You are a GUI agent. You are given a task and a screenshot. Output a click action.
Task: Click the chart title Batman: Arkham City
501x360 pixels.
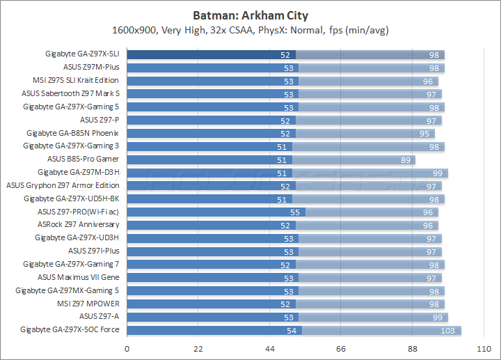pyautogui.click(x=250, y=15)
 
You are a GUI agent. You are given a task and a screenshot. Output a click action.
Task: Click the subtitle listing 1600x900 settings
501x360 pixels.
pyautogui.click(x=250, y=30)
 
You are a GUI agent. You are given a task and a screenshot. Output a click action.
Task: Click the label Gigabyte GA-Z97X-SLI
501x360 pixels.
pyautogui.click(x=81, y=54)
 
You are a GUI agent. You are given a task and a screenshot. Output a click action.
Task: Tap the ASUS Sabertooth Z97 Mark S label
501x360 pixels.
pyautogui.click(x=70, y=94)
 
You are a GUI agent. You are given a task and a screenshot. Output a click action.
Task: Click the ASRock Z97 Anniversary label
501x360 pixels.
pyautogui.click(x=79, y=225)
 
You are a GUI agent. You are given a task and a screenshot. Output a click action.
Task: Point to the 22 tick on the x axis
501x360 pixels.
pyautogui.click(x=198, y=348)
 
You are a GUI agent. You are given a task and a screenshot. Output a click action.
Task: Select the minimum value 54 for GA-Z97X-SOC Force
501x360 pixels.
pyautogui.click(x=291, y=330)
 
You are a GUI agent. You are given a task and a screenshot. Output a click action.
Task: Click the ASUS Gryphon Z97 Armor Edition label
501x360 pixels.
pyautogui.click(x=63, y=185)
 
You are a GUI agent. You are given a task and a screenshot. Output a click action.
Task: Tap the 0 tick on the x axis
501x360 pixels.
pyautogui.click(x=127, y=348)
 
